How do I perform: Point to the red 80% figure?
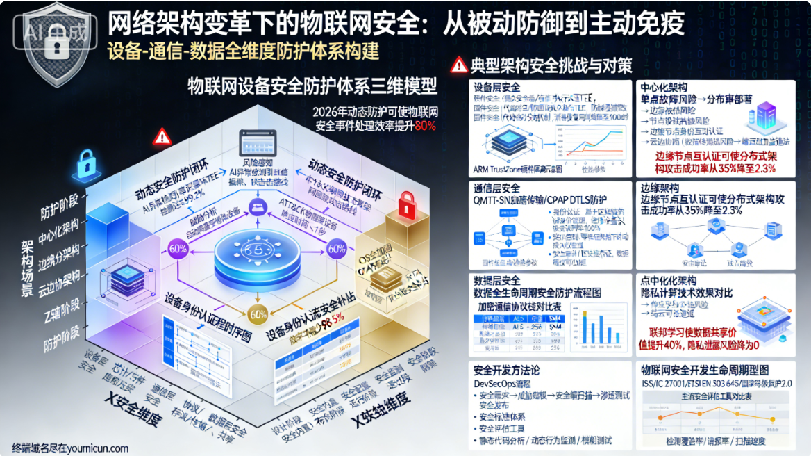(425, 126)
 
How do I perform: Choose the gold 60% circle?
(258, 314)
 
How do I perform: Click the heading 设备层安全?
(496, 88)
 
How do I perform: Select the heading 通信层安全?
(496, 188)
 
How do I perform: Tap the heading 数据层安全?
(496, 281)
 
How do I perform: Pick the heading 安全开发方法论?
(506, 369)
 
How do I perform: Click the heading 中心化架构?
(664, 88)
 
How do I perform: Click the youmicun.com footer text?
(69, 448)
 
